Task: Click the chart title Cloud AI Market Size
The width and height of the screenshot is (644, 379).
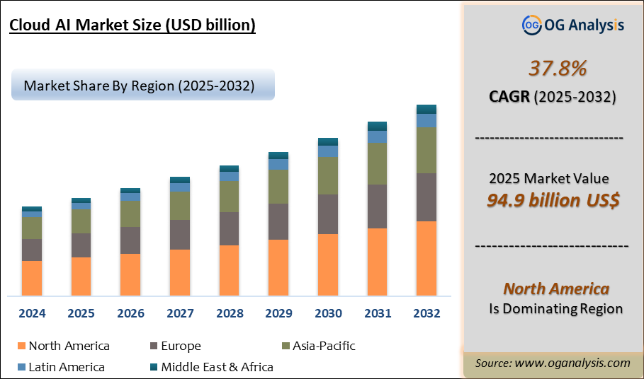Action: (132, 26)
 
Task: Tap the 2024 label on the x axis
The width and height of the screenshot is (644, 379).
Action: (32, 313)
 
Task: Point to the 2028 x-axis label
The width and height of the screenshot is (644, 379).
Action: (229, 313)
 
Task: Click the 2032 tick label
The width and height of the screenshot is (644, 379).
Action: (426, 313)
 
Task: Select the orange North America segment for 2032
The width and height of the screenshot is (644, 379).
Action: (426, 258)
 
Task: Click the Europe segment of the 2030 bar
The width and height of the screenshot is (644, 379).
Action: (327, 214)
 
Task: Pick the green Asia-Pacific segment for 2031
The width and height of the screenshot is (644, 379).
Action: (377, 163)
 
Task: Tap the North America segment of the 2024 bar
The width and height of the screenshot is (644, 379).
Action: (32, 278)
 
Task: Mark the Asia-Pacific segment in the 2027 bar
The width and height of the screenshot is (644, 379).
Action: (180, 206)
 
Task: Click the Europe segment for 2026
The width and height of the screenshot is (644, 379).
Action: (130, 240)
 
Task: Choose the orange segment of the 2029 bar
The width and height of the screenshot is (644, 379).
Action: (278, 267)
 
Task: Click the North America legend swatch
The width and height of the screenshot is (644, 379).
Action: (21, 346)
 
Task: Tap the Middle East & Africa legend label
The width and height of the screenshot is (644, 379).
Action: (217, 367)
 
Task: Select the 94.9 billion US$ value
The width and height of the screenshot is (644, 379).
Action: (553, 200)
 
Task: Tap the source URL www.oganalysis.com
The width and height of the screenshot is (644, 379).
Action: (572, 363)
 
